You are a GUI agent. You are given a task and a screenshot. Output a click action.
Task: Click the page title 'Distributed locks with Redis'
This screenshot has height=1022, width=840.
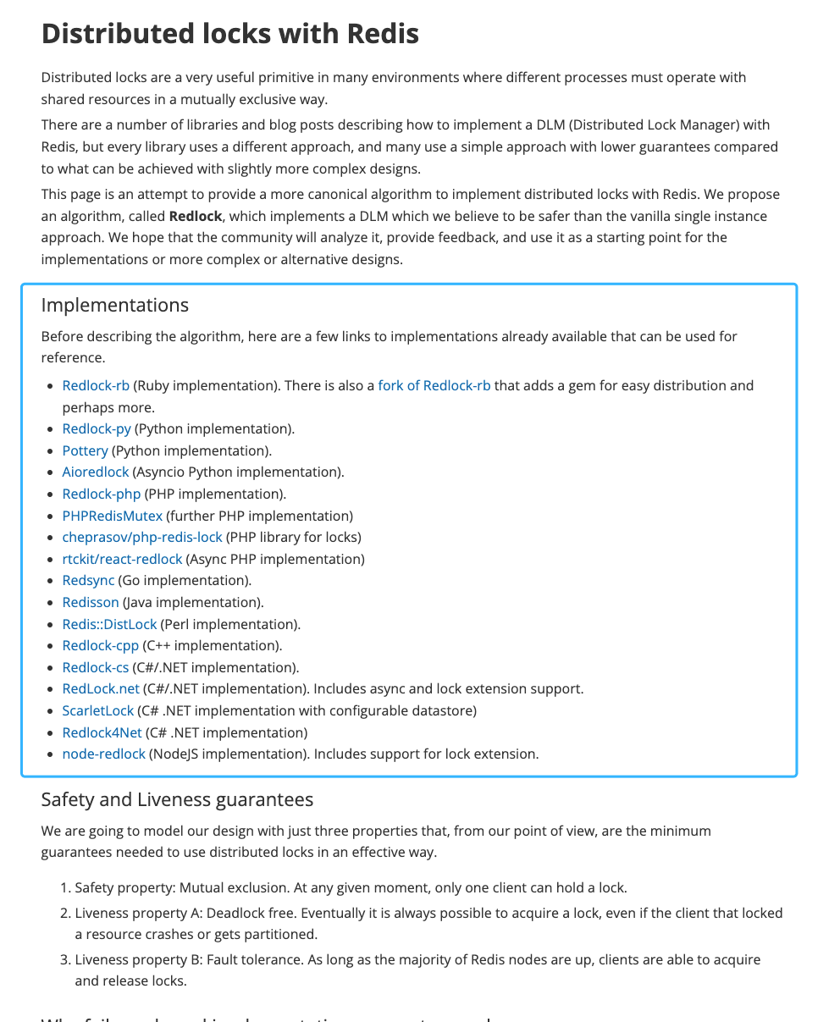coord(229,34)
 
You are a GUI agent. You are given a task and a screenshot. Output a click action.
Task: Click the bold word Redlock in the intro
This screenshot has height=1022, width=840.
coord(195,216)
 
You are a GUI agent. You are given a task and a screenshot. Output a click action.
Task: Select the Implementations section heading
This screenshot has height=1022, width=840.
coord(114,305)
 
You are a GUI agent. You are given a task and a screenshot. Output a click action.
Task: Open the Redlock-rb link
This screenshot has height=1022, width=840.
coord(96,386)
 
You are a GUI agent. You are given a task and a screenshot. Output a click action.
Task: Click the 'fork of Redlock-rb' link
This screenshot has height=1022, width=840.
coord(434,386)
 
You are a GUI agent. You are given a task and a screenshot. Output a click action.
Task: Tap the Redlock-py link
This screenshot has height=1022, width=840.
coord(97,429)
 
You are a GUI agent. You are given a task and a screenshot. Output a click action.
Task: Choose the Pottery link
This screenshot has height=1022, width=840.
coord(85,450)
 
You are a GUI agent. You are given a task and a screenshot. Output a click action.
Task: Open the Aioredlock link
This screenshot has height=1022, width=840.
coord(96,472)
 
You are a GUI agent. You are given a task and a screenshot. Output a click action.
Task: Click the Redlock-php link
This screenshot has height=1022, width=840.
coord(102,494)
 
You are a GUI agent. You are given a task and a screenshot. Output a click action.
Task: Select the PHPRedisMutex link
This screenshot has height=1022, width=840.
coord(112,516)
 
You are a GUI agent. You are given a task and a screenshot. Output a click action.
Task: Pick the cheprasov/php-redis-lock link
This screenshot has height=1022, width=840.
coord(142,538)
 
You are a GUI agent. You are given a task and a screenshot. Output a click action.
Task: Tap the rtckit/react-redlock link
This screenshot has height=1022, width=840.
coord(122,560)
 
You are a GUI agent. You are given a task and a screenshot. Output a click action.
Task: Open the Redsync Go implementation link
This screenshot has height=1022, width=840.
coord(88,581)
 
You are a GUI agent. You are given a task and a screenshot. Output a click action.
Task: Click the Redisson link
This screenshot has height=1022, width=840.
coord(91,603)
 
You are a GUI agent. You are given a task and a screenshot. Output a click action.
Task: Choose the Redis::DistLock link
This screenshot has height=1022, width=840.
coord(109,624)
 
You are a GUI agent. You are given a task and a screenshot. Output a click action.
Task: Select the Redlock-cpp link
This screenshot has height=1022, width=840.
coord(100,646)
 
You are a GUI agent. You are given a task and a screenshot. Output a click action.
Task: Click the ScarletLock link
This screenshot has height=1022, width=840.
coord(98,711)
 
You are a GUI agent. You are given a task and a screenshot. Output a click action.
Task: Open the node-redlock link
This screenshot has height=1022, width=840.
coord(103,754)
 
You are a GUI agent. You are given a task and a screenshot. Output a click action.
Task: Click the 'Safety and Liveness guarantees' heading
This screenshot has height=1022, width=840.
coord(177,799)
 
